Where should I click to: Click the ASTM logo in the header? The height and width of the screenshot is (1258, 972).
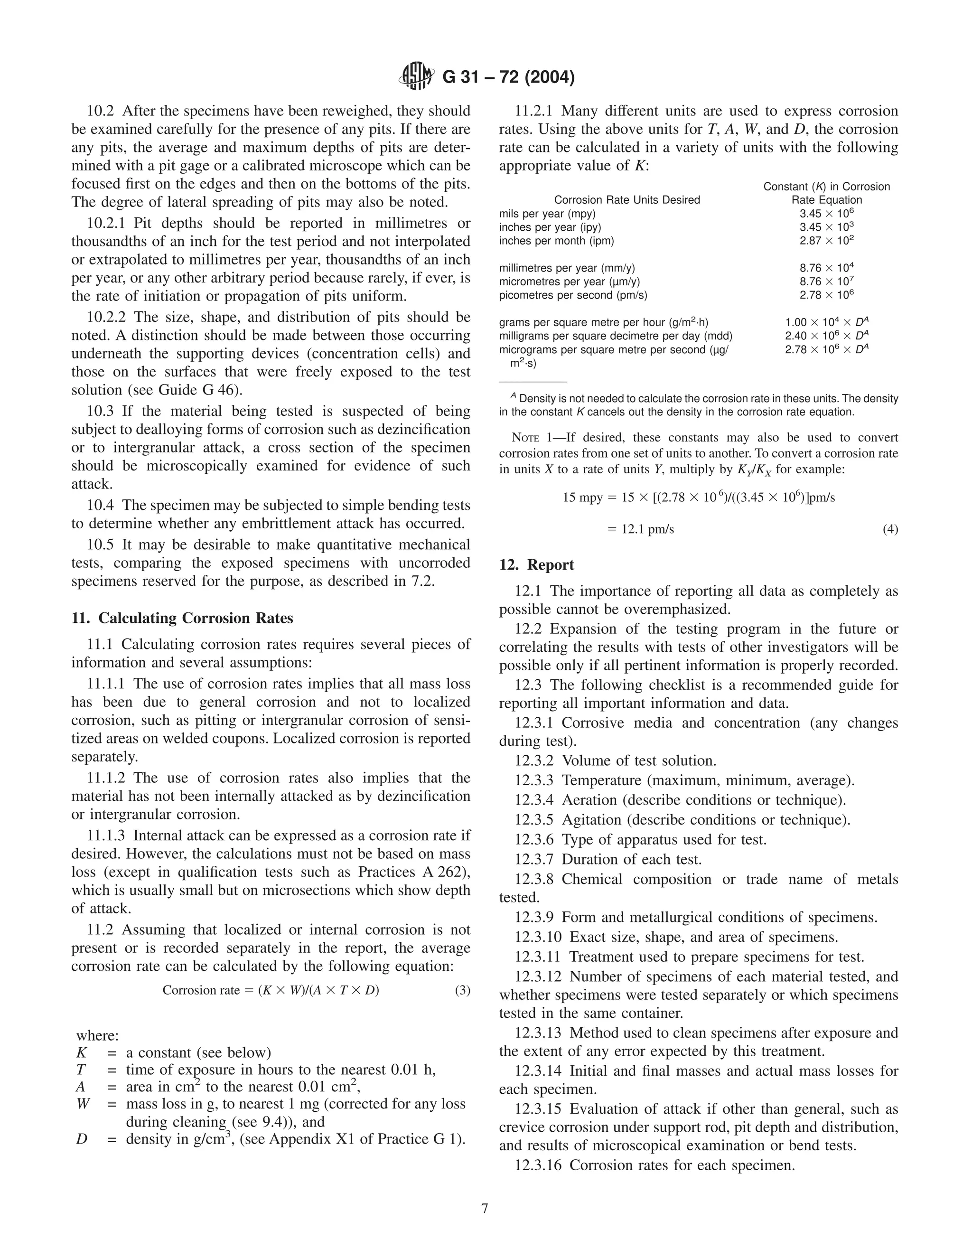(x=416, y=76)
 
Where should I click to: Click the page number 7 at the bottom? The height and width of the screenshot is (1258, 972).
(x=485, y=1208)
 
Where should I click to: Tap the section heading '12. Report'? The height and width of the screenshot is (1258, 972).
(x=536, y=564)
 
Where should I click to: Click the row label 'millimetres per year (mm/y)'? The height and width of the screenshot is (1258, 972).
(x=567, y=268)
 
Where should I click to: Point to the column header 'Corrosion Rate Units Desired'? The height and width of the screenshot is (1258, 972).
(x=626, y=200)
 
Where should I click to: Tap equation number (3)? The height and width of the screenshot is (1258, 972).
(x=462, y=990)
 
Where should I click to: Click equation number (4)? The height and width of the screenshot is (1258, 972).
(x=890, y=529)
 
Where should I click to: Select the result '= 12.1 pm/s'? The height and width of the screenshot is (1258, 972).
(x=640, y=529)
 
